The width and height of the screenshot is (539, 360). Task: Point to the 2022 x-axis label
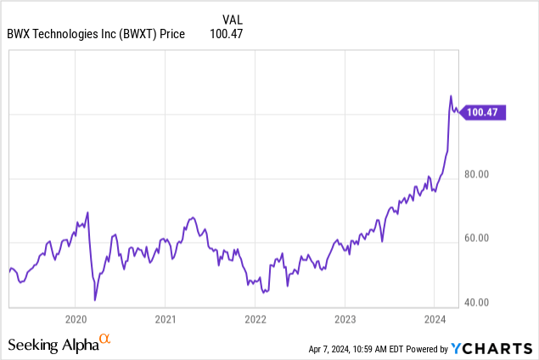255,319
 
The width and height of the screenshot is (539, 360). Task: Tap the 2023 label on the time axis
345,319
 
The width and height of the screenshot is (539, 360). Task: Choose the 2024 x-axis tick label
435,319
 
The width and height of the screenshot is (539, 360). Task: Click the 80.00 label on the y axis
477,175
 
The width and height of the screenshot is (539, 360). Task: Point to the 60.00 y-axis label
477,239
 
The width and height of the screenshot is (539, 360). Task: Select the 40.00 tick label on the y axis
477,302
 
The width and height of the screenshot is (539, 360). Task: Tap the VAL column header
232,19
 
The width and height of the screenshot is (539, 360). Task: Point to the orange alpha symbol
105,339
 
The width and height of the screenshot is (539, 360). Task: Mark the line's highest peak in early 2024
451,96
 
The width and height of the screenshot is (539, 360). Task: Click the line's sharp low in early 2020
95,300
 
